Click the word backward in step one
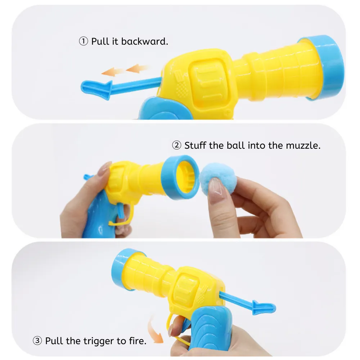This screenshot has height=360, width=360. [x=145, y=41]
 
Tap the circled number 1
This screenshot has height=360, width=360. [x=83, y=41]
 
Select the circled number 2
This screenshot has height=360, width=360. [x=176, y=145]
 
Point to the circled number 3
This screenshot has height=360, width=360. [x=37, y=341]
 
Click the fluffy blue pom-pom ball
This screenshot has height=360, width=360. [x=218, y=179]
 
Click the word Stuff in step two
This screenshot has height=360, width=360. [x=195, y=145]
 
